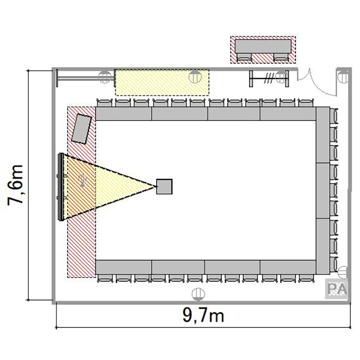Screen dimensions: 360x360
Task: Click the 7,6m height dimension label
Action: (16, 185)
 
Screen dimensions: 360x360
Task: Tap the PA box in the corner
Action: (336, 289)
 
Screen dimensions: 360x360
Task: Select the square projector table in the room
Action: (164, 187)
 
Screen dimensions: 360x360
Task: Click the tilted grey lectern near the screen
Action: (82, 129)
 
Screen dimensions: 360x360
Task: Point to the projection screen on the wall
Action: (61, 187)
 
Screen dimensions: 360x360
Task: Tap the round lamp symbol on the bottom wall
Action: (198, 294)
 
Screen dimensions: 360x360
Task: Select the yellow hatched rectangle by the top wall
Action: (162, 83)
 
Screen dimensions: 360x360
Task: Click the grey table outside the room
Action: (263, 47)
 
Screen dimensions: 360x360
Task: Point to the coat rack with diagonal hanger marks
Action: (269, 79)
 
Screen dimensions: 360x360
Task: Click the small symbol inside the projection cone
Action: (82, 180)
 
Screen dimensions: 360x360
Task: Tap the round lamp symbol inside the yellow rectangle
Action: (195, 77)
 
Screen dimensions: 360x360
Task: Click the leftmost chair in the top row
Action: (105, 103)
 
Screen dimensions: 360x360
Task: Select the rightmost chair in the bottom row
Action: (306, 278)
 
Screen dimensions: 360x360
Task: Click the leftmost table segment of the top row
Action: (124, 114)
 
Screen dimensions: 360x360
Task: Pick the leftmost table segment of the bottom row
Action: (124, 267)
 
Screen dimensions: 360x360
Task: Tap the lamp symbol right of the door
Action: (343, 77)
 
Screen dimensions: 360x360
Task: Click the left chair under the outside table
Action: (244, 57)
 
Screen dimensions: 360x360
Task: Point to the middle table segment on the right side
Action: (323, 191)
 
